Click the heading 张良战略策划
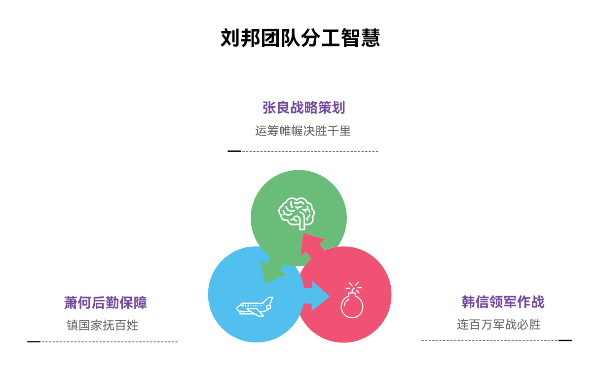click(303, 108)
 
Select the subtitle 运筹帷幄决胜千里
click(303, 131)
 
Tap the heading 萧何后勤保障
click(106, 302)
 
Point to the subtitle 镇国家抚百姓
click(103, 325)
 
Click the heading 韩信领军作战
click(503, 302)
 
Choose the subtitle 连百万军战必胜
click(499, 325)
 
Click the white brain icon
click(297, 213)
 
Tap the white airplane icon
click(254, 307)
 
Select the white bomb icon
click(352, 302)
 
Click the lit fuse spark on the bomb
click(354, 287)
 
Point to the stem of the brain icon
click(302, 225)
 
